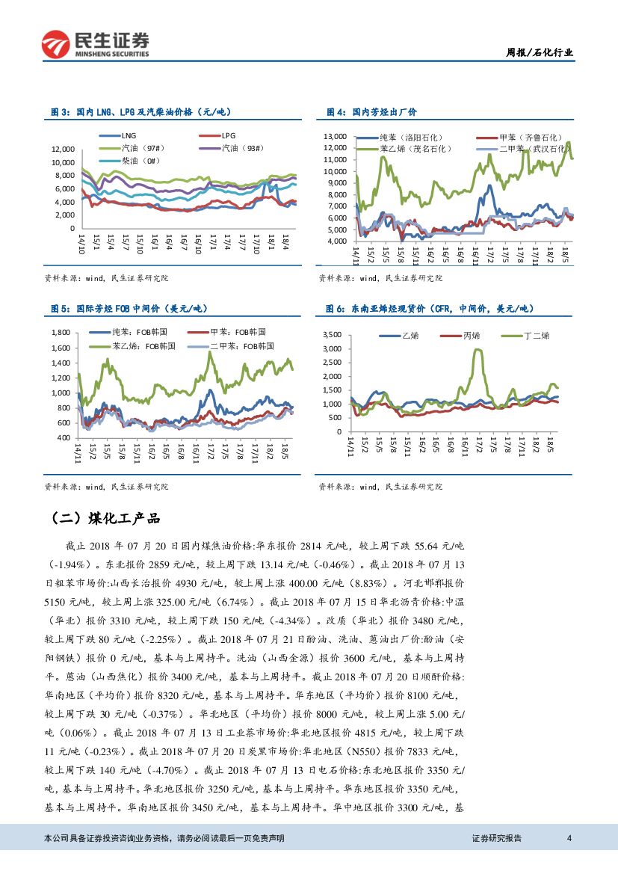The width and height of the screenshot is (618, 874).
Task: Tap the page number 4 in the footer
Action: click(x=569, y=838)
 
